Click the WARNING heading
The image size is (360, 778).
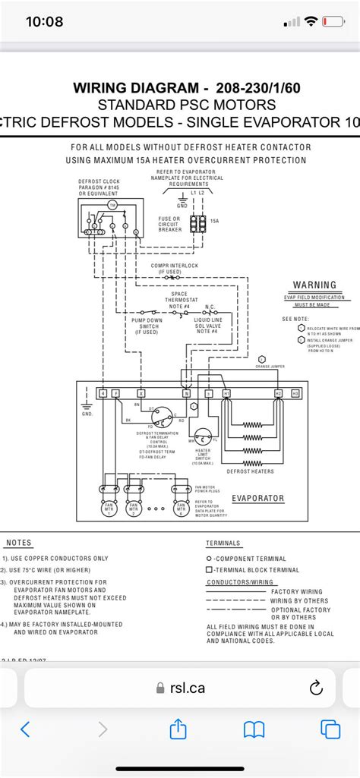[x=314, y=285]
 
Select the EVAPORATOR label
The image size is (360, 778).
[x=258, y=499]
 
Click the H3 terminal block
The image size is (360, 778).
[x=296, y=394]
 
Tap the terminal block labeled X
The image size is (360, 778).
[x=141, y=394]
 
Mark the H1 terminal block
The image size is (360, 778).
[x=226, y=394]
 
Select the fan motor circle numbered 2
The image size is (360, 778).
[x=134, y=508]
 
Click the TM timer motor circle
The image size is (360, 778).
[x=112, y=205]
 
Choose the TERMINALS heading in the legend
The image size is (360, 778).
[x=223, y=543]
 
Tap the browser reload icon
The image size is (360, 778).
[x=316, y=688]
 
